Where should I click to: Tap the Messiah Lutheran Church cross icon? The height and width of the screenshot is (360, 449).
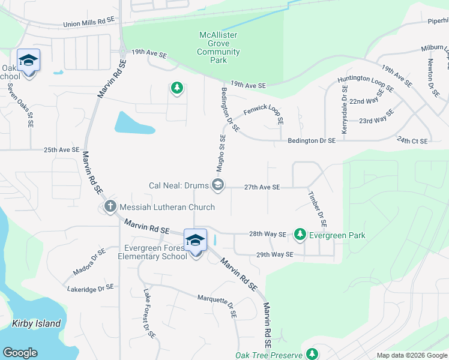point(110,207)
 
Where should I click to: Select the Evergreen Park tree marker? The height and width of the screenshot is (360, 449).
point(300,235)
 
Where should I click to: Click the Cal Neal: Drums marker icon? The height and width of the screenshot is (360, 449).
point(218,185)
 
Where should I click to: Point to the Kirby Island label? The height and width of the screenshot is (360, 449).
point(37,323)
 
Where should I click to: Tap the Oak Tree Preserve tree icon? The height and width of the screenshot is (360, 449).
point(312,355)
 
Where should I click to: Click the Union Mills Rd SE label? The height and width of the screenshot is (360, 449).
point(89,22)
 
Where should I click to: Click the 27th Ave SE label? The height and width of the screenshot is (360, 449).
point(262,187)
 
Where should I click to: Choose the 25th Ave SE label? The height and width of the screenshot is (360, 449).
point(62,149)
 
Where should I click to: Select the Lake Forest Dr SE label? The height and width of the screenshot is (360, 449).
point(149,313)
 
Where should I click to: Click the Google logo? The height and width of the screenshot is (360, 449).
point(20,353)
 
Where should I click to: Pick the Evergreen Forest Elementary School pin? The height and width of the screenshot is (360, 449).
point(195,241)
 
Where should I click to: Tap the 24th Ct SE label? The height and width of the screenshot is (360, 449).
point(412,140)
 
